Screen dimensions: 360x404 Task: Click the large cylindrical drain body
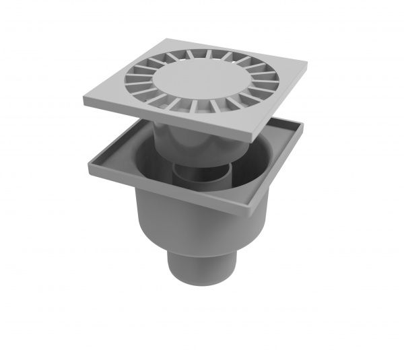pyautogui.click(x=195, y=222)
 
